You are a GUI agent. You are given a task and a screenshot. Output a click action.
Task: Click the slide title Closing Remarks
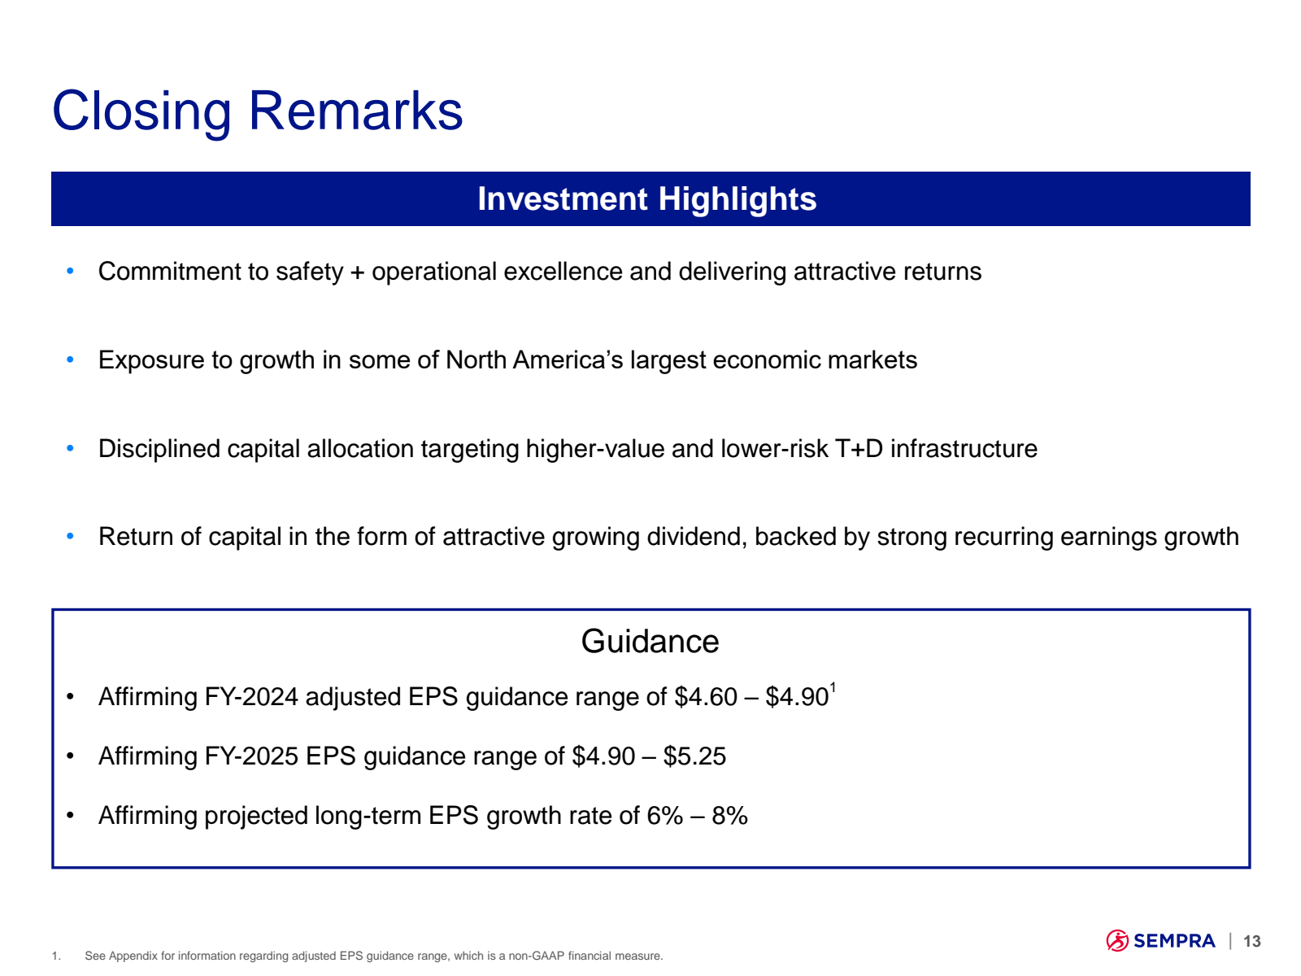(257, 111)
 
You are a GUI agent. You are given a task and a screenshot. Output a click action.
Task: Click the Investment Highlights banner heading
(646, 199)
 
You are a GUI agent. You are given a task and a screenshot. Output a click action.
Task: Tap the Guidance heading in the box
(650, 642)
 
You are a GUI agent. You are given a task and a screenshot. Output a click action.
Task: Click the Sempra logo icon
(1117, 941)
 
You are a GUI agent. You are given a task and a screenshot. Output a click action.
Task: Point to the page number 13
(1251, 942)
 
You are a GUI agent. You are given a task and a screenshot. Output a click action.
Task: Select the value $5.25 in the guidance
(694, 756)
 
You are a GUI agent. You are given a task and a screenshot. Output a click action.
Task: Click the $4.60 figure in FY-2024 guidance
(705, 697)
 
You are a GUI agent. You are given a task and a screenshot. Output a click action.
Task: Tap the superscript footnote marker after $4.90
(833, 688)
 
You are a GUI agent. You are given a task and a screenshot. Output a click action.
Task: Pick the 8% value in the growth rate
(729, 816)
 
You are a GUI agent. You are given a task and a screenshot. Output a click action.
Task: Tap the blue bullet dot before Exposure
(71, 359)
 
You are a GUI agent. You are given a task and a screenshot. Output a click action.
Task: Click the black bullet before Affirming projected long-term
(71, 816)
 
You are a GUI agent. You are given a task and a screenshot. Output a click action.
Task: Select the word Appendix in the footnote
(133, 956)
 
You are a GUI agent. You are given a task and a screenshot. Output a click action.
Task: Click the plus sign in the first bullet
(357, 272)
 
